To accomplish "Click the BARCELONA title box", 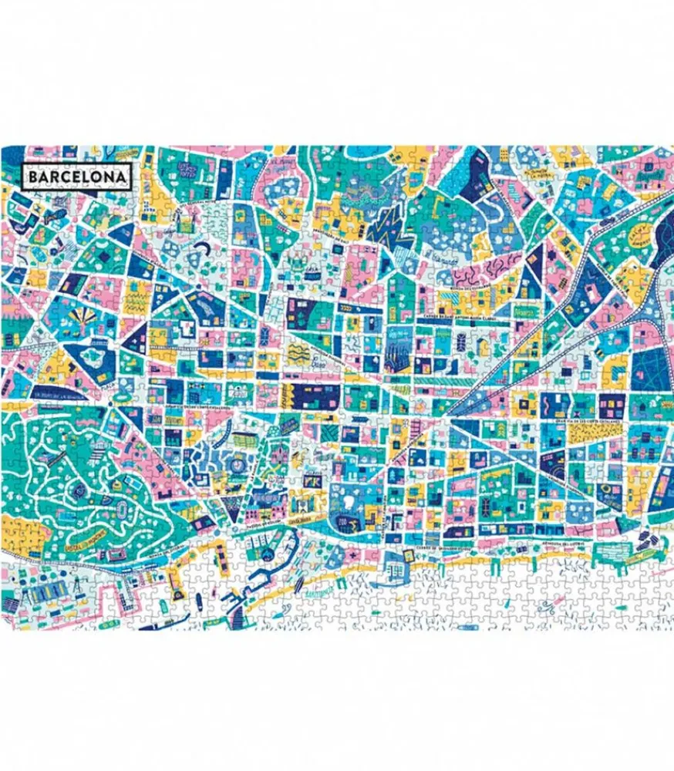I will [77, 177].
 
